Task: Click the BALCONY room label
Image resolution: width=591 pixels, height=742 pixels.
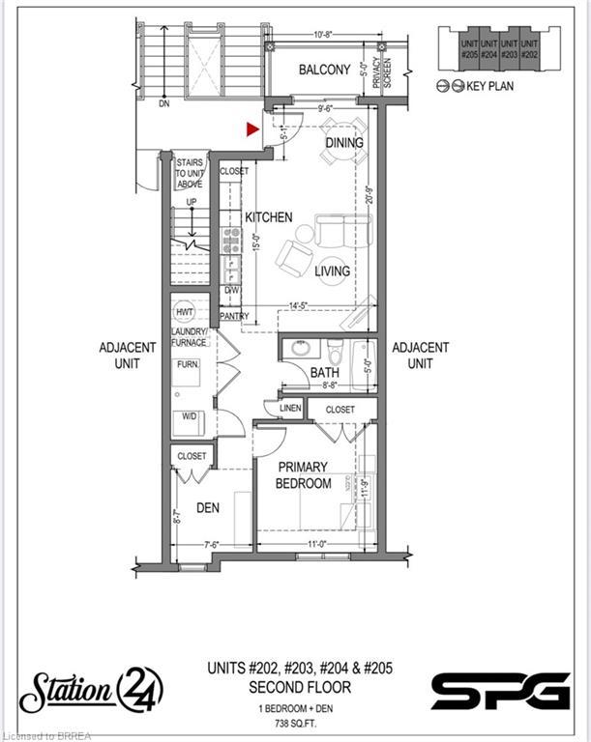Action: (x=324, y=70)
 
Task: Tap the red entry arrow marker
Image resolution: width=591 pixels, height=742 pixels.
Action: (x=253, y=128)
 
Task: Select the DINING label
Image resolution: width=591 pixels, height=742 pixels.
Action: (x=343, y=143)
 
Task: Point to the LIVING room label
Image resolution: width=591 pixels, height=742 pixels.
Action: (x=332, y=271)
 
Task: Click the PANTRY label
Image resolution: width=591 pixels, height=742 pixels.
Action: (x=234, y=316)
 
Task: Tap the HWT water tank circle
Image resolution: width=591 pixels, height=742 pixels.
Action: (x=186, y=312)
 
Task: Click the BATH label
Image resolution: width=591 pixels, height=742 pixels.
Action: (x=323, y=372)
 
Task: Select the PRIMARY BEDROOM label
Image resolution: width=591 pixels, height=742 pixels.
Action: (x=304, y=475)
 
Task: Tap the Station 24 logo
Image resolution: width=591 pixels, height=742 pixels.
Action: (x=93, y=691)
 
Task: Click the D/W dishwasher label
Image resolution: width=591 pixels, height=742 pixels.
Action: (x=232, y=289)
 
